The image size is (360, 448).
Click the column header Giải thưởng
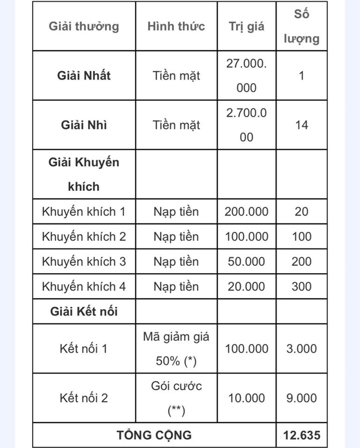point(83,26)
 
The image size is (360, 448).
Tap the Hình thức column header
point(176,26)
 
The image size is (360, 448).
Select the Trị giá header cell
point(247,27)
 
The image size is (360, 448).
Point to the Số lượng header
point(302,27)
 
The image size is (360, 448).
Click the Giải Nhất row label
point(83,75)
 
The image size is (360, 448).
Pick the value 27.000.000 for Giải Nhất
point(247,75)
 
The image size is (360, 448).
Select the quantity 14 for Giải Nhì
point(302,125)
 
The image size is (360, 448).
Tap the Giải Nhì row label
point(83,125)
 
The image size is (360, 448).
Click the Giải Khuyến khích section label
point(83,174)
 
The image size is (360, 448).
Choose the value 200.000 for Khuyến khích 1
point(247,211)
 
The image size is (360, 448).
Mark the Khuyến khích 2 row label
point(83,237)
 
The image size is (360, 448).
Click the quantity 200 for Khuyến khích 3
point(302,262)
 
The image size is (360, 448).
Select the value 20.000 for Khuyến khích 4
point(247,287)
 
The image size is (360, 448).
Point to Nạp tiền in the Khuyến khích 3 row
point(176,262)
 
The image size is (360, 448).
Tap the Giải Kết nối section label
point(83,312)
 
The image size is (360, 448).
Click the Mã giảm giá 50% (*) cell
point(176,349)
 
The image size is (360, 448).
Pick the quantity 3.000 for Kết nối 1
point(302,349)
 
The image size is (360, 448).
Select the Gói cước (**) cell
point(176,398)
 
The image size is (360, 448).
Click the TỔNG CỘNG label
point(154,435)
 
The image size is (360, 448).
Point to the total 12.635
point(302,435)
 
